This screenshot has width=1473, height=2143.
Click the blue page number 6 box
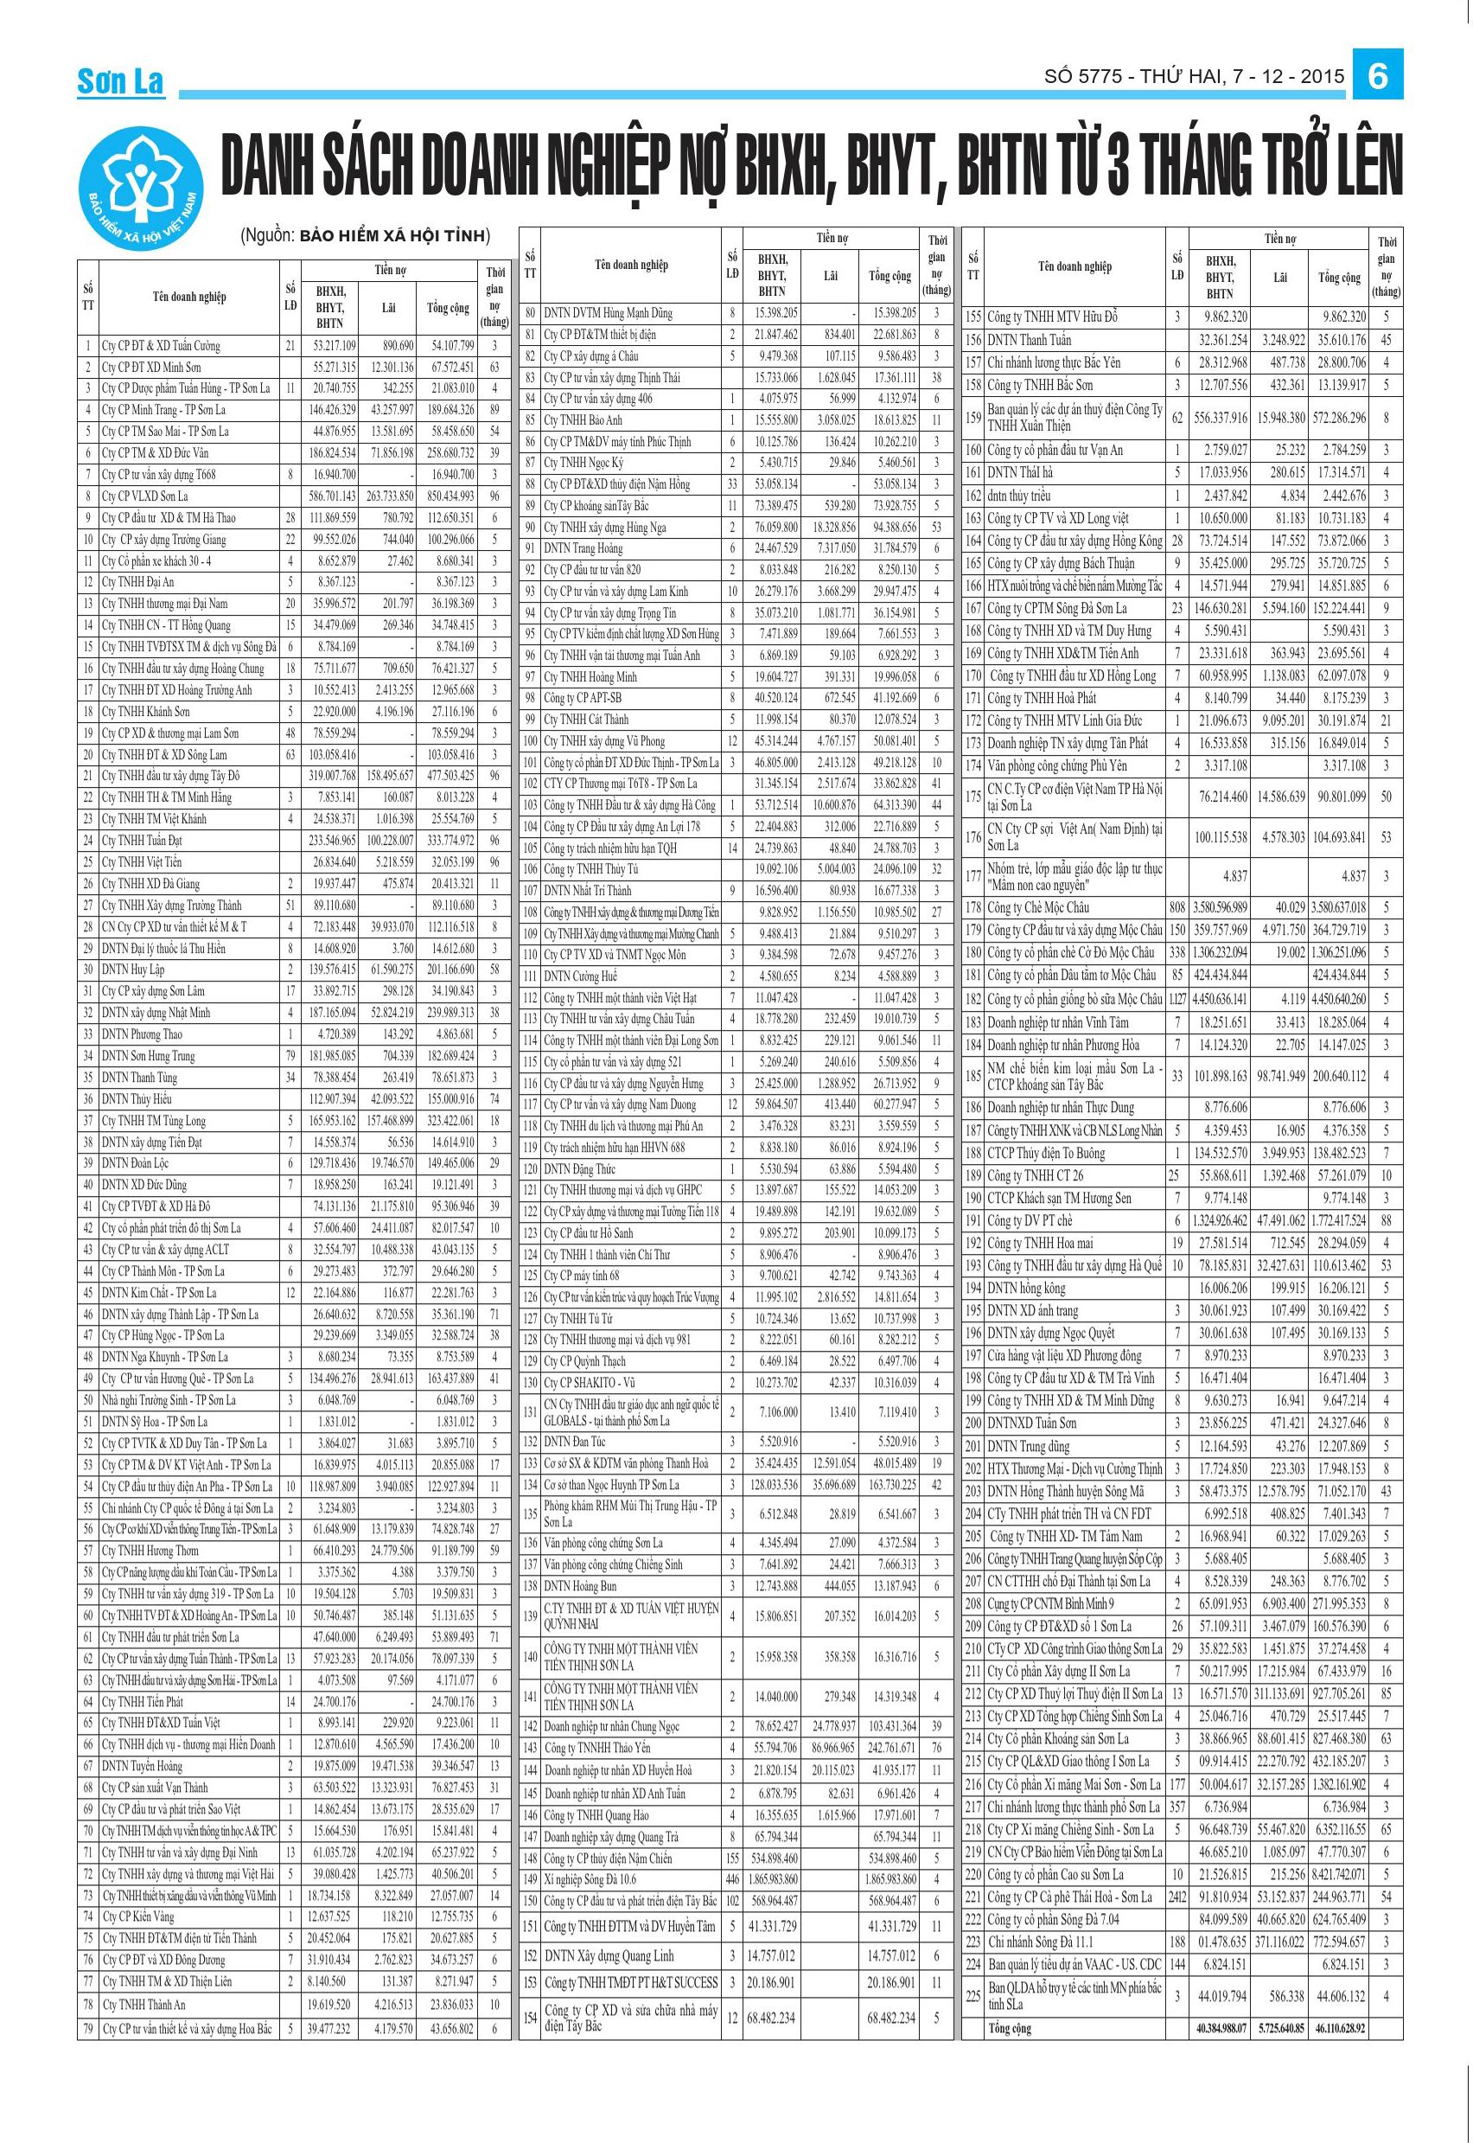point(1377,76)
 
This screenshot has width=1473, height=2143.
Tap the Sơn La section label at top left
point(120,82)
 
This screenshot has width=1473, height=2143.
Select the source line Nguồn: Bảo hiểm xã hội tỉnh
point(366,235)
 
